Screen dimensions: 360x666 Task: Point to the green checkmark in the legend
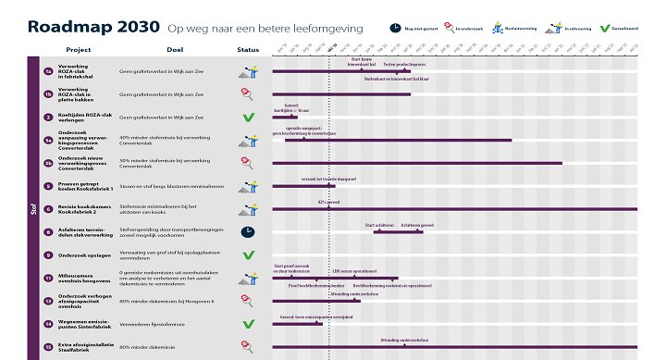pyautogui.click(x=605, y=28)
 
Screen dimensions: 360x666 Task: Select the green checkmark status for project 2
pyautogui.click(x=248, y=118)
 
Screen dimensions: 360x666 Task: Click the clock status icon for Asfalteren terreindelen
pyautogui.click(x=248, y=231)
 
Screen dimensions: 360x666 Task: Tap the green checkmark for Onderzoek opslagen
pyautogui.click(x=248, y=254)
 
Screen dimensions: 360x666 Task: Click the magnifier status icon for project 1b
pyautogui.click(x=248, y=93)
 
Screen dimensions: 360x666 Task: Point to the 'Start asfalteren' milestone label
pyautogui.click(x=379, y=225)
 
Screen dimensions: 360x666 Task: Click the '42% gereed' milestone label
pyautogui.click(x=329, y=201)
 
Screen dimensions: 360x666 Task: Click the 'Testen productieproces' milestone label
pyautogui.click(x=404, y=65)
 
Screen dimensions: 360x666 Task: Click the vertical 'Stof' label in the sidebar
pyautogui.click(x=34, y=208)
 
